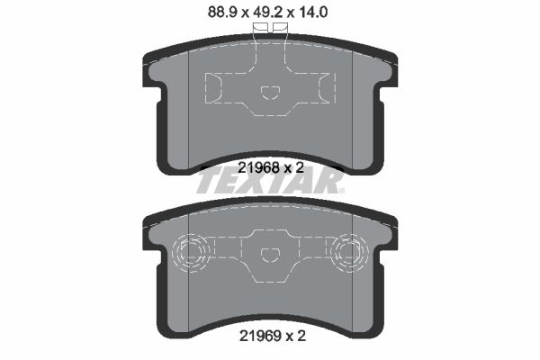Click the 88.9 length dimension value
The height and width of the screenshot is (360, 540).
(x=222, y=13)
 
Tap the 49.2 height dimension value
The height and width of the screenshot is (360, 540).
(x=267, y=13)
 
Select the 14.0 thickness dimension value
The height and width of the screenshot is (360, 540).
(x=312, y=13)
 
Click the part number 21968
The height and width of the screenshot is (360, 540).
(x=258, y=167)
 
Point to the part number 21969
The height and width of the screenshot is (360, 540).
(x=260, y=337)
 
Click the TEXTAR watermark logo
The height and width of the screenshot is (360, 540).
(x=270, y=182)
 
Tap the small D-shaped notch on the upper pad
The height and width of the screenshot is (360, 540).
(x=270, y=93)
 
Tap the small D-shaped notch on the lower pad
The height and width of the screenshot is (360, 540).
(x=270, y=255)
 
